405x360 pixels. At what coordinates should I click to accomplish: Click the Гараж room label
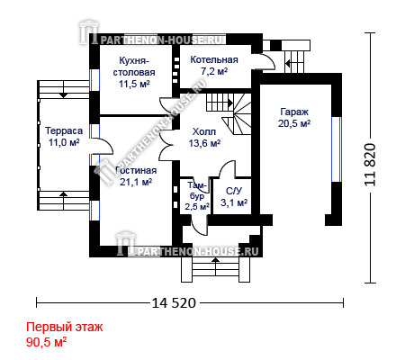click(294, 112)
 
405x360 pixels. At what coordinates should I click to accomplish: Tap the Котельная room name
click(214, 59)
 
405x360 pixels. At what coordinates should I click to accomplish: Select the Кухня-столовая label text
click(134, 67)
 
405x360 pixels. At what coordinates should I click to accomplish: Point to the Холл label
click(204, 131)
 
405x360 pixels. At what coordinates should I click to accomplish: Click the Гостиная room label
click(136, 170)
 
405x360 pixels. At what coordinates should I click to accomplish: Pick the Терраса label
click(64, 130)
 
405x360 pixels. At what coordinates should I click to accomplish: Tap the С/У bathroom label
click(234, 191)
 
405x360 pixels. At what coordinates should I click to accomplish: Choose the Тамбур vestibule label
click(197, 191)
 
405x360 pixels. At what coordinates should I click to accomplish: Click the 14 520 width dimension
click(174, 303)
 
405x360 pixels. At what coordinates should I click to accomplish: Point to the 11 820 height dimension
click(370, 165)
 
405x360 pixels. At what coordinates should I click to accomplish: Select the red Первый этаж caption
click(65, 327)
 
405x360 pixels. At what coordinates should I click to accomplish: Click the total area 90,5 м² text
click(46, 342)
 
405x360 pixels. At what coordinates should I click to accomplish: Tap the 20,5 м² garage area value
click(294, 123)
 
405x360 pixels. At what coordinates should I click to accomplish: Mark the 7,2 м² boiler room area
click(214, 71)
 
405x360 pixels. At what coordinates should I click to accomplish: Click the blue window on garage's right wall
click(337, 149)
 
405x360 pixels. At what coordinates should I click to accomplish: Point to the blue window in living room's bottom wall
click(144, 251)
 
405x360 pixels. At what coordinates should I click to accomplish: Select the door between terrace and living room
click(102, 146)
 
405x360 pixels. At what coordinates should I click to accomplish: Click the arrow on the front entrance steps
click(215, 265)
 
